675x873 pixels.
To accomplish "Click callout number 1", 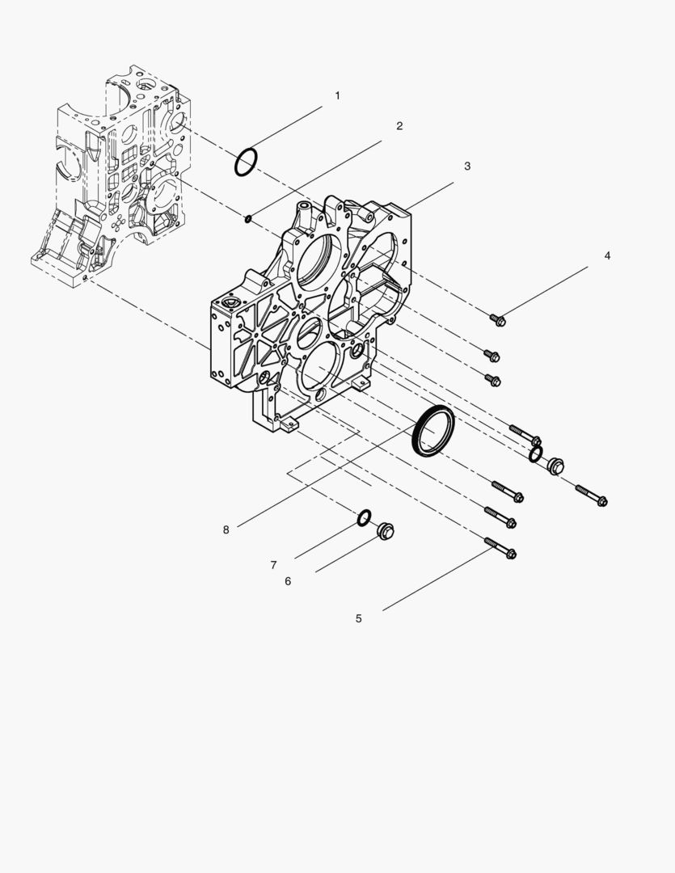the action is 337,95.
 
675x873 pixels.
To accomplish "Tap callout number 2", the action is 399,126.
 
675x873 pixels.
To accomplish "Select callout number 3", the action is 467,166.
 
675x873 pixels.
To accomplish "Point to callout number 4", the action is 607,255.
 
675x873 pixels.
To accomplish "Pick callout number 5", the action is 359,618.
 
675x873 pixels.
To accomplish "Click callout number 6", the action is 288,581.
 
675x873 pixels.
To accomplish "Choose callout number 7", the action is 273,565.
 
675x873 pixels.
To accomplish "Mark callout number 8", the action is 226,530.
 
